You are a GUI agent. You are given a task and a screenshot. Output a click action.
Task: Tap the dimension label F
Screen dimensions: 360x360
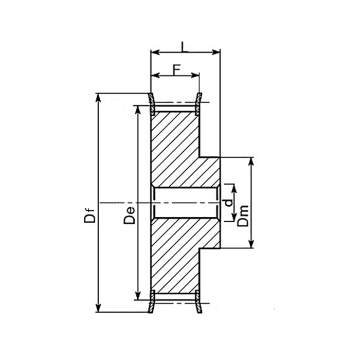tap(176, 70)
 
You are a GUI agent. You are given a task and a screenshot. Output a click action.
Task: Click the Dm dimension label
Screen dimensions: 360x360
tap(243, 216)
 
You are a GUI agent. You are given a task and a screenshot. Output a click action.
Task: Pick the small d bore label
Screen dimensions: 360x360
tap(228, 203)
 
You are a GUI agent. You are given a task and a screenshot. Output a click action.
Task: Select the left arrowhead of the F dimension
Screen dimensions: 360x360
tap(156, 75)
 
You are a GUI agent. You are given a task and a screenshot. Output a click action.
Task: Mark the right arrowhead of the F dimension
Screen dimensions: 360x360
tap(195, 75)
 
